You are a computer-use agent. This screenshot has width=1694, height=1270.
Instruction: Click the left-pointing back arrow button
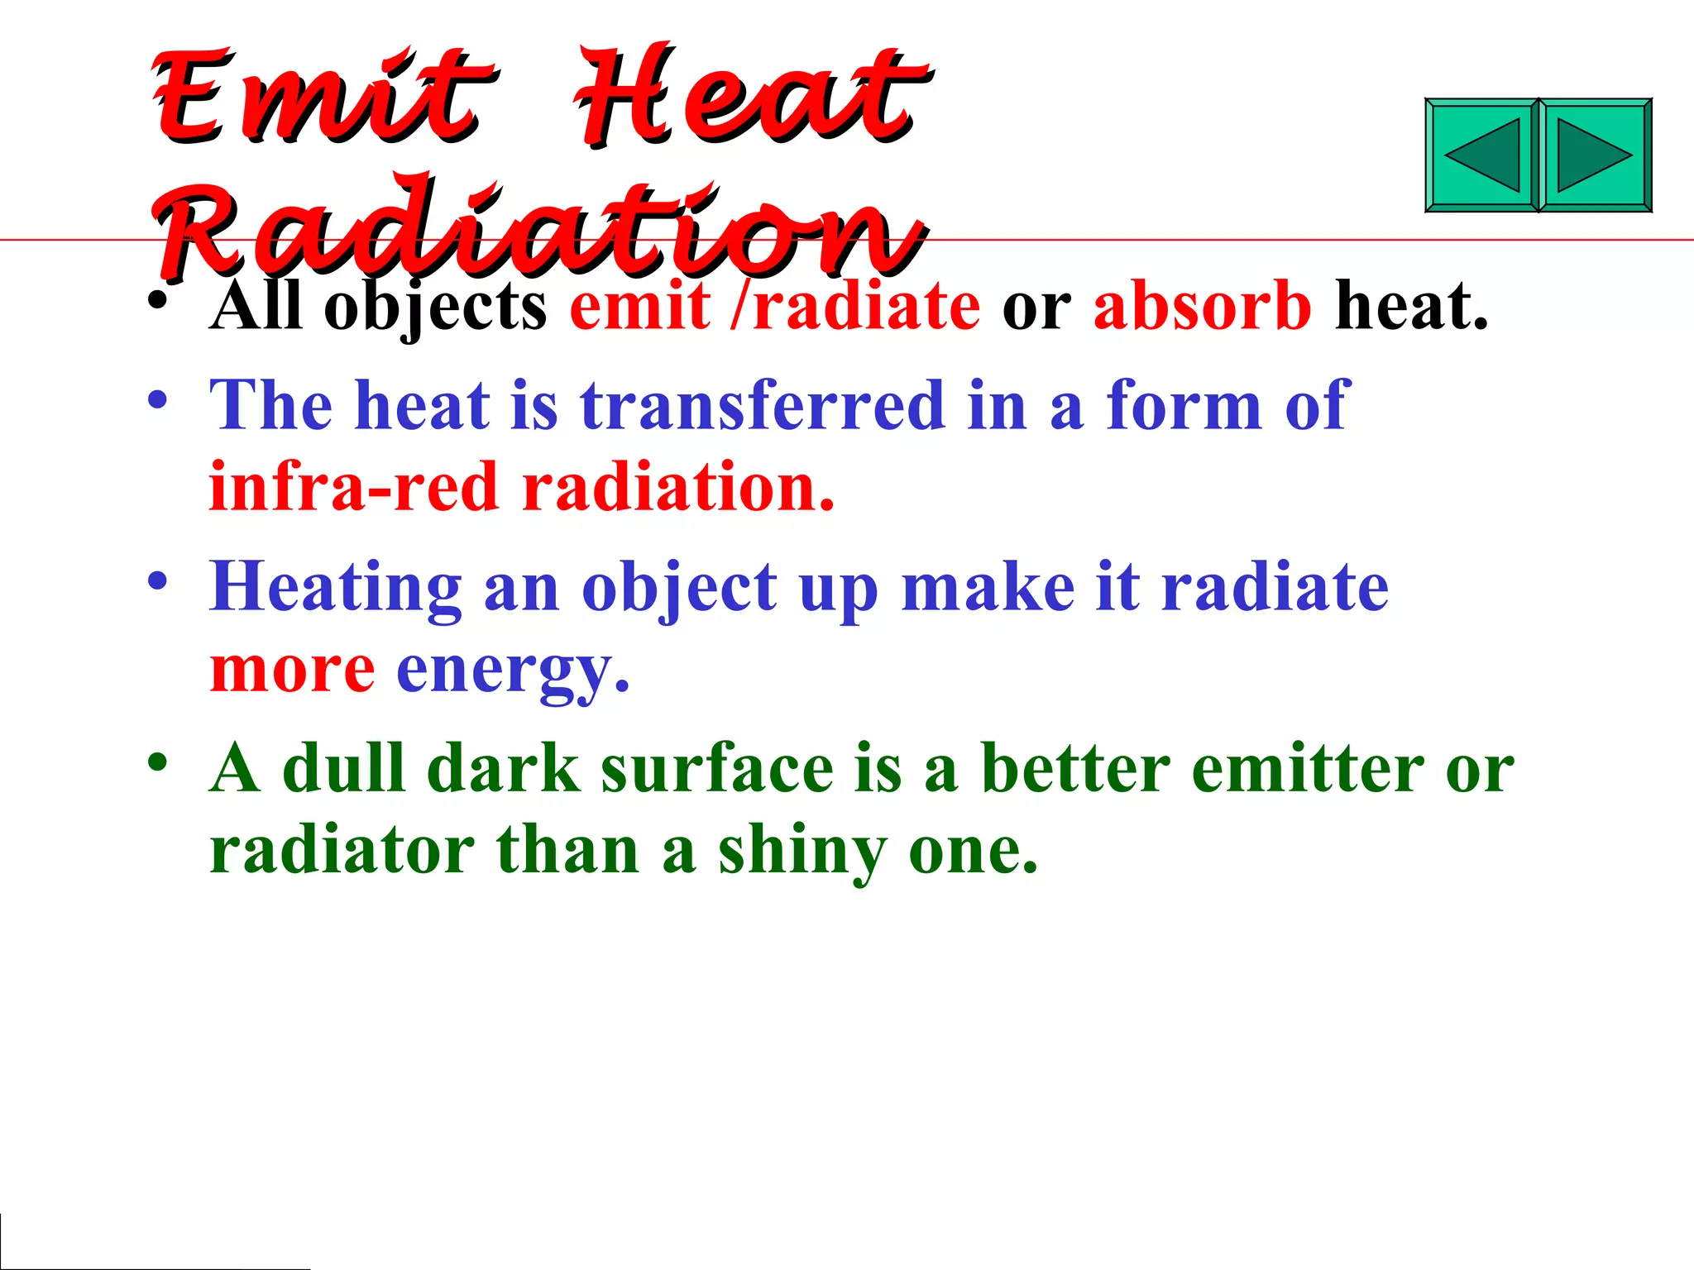(x=1481, y=155)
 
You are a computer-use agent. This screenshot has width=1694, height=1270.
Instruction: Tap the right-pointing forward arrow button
(x=1595, y=155)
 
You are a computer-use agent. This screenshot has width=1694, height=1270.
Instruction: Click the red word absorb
(x=1202, y=306)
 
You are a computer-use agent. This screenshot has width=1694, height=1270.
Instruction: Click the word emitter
(x=1308, y=768)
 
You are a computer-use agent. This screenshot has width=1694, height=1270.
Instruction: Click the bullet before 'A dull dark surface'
(x=157, y=762)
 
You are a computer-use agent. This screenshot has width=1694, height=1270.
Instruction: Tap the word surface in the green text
(x=717, y=768)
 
